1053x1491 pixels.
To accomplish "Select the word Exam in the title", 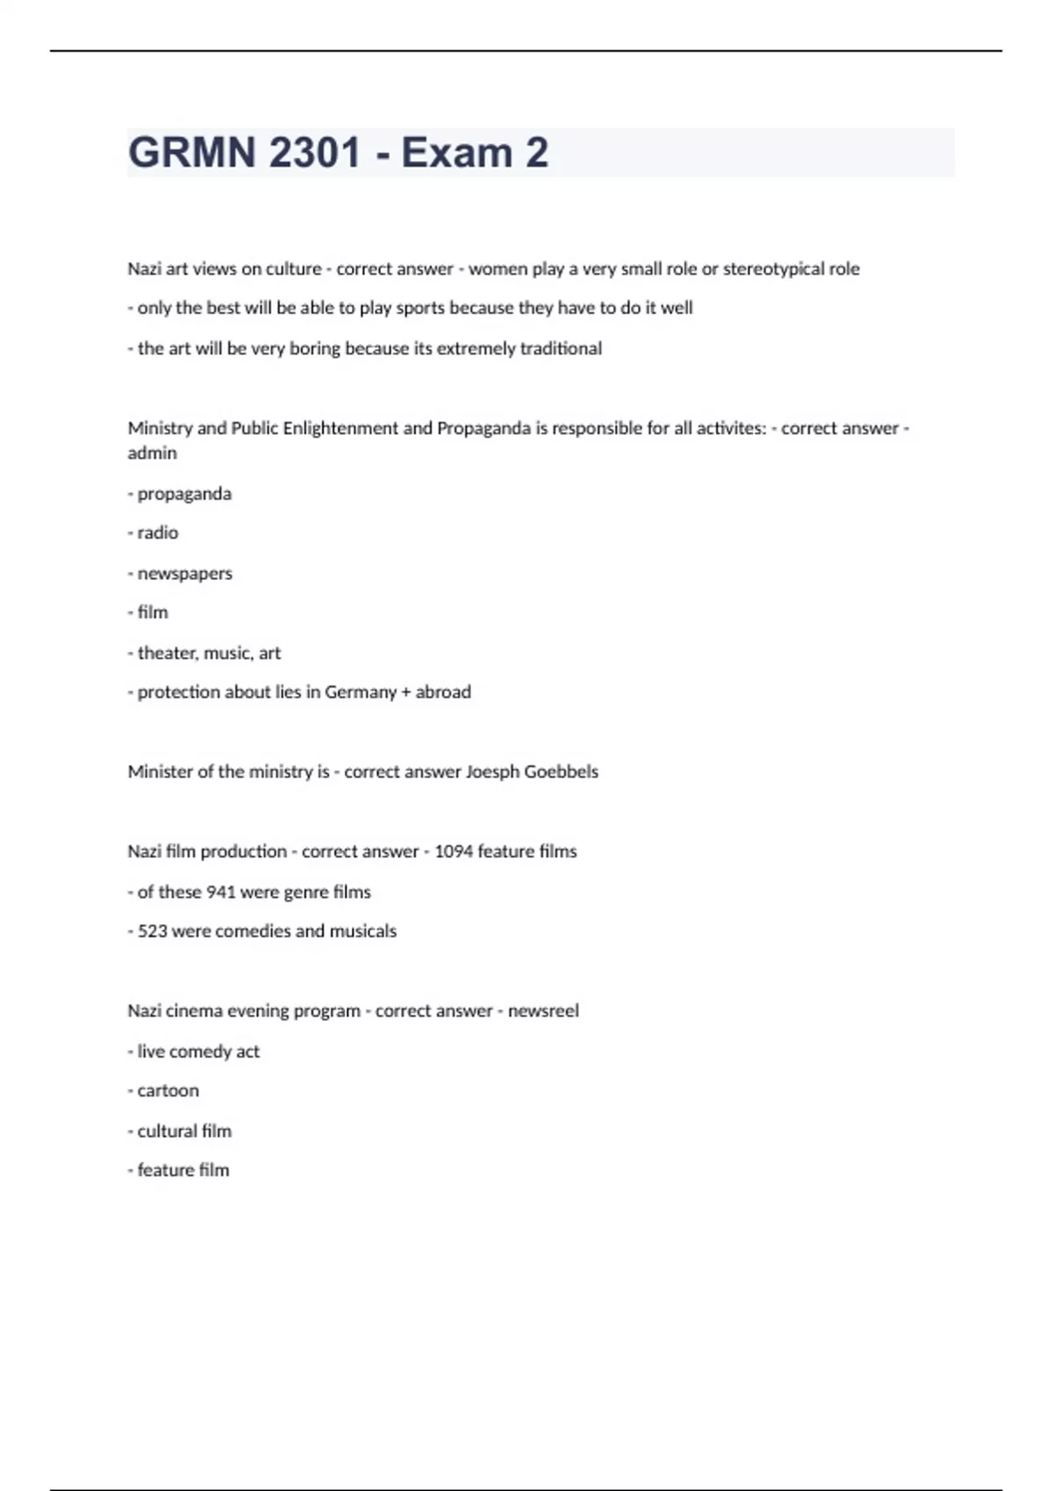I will point(456,153).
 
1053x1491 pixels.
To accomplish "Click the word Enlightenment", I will point(340,428).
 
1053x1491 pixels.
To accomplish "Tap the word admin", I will point(152,453).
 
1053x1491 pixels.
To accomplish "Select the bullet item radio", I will point(157,532).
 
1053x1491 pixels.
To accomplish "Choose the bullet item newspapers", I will point(184,574).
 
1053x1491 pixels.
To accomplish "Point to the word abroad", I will point(443,692).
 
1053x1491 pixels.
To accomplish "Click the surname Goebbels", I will point(561,772).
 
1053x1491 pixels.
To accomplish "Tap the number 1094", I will point(453,852).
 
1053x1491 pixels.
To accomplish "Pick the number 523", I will point(152,931).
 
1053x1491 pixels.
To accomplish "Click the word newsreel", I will point(543,1011).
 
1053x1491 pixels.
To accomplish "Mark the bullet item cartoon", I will point(168,1091).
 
